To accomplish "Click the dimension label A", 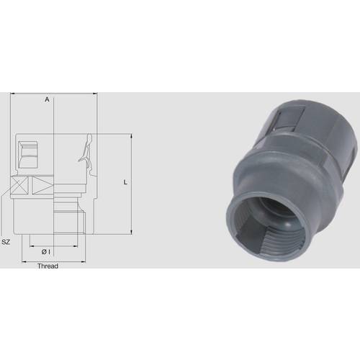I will coord(47,99).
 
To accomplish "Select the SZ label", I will coord(6,243).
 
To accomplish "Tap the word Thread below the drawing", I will coord(48,266).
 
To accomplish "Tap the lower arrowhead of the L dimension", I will coord(132,234).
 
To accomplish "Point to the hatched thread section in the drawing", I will coord(69,216).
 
